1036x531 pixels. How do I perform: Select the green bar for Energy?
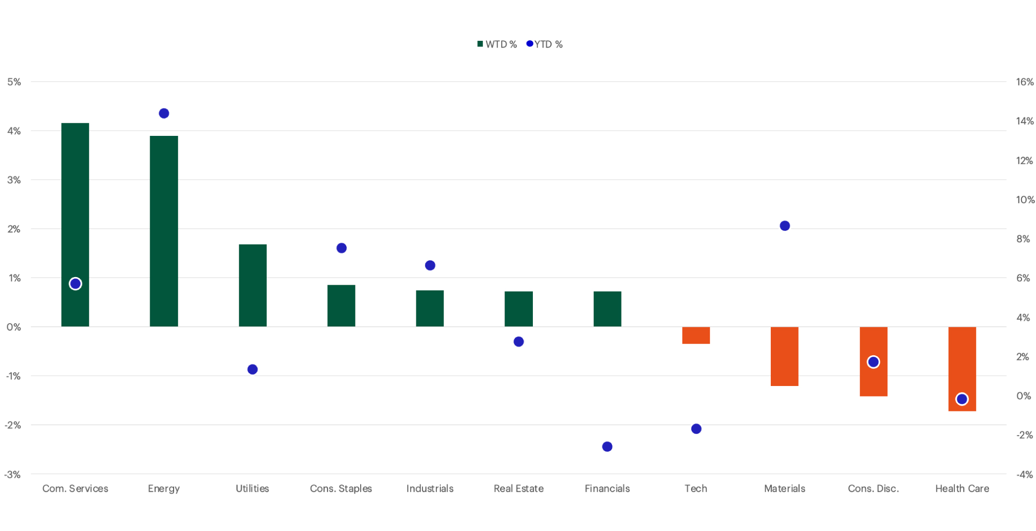(164, 230)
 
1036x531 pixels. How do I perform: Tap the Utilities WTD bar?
(252, 286)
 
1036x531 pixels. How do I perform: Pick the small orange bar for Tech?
(695, 335)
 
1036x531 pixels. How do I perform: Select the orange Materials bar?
(784, 356)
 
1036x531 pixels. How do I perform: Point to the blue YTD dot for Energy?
(164, 113)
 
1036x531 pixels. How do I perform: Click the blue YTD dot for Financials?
(607, 447)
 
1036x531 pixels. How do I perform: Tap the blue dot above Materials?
(784, 226)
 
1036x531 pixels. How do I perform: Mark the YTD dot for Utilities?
(252, 369)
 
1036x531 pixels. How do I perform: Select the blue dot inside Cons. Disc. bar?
(873, 362)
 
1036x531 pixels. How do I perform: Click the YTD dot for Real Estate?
(518, 341)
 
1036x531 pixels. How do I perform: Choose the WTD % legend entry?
(497, 44)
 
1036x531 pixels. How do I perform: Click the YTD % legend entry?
(545, 44)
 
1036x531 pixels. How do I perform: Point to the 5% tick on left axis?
(14, 82)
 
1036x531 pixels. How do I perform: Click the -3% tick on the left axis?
(12, 474)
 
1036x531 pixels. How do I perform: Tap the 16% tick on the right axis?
(1024, 82)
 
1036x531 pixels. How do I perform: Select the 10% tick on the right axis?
(1025, 200)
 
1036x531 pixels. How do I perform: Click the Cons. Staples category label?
(341, 488)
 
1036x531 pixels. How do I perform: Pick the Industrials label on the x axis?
(429, 488)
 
